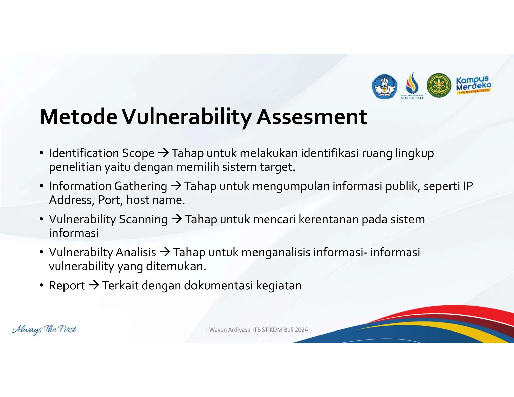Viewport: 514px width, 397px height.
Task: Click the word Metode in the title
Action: pos(78,117)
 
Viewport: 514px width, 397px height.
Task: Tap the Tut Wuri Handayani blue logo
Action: pos(384,86)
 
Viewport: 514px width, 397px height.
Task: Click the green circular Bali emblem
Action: pos(439,86)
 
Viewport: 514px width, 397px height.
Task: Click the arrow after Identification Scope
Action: pos(163,153)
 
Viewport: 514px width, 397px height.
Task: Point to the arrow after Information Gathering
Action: pos(176,186)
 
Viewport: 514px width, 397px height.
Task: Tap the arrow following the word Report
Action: pos(94,285)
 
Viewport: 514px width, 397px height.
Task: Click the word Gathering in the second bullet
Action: pos(141,186)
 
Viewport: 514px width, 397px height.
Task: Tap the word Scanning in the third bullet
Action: pos(143,219)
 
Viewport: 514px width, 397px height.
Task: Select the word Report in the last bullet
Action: pos(67,286)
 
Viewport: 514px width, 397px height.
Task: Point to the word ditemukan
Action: pos(176,266)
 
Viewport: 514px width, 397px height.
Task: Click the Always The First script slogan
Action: pos(44,329)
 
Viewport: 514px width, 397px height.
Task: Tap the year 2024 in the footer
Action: pos(301,330)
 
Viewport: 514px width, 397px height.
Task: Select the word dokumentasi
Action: pos(218,286)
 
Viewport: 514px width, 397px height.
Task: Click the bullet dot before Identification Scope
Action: pos(42,153)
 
